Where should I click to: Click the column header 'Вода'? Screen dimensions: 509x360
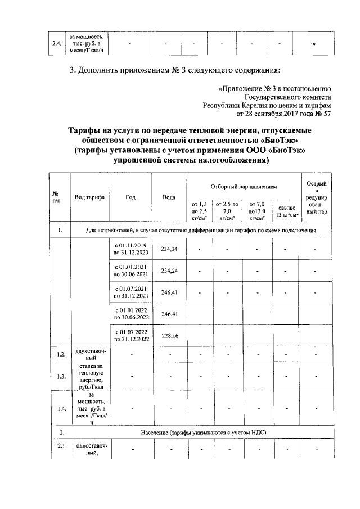[168, 197]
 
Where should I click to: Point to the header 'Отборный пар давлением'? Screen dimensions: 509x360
[244, 186]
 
